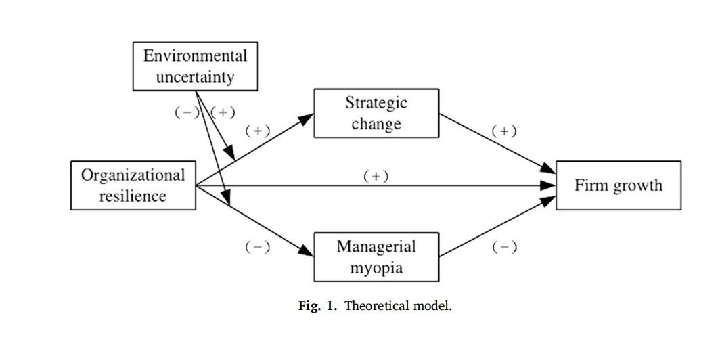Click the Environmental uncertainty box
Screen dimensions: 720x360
[195, 66]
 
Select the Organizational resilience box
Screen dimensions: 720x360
[133, 185]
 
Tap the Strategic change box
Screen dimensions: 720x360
[376, 114]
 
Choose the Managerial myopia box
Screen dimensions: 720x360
[376, 256]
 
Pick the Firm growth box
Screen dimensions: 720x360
[618, 185]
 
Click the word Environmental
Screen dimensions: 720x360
[195, 56]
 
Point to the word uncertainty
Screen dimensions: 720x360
[195, 76]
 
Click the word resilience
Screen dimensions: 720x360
[133, 196]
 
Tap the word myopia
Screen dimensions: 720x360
[376, 268]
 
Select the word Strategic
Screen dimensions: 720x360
[376, 103]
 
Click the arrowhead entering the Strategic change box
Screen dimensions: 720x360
[306, 119]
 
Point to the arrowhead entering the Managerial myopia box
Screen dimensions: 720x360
[306, 250]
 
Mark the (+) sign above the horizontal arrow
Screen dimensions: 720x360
[376, 177]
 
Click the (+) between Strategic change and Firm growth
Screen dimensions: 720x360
[504, 131]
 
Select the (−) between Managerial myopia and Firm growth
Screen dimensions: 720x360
[504, 248]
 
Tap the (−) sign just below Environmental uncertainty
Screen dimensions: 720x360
[187, 113]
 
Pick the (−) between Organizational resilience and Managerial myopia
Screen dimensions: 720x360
[257, 248]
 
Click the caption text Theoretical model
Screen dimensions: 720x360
[398, 307]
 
